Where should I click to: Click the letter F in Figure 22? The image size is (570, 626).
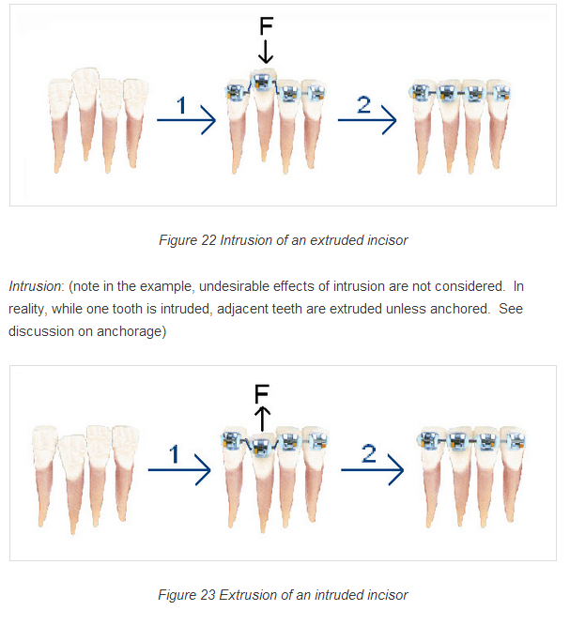(266, 26)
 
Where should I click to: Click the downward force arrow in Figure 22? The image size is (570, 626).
(266, 51)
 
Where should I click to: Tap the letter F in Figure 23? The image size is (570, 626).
(262, 393)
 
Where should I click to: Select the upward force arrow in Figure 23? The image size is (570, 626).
(262, 419)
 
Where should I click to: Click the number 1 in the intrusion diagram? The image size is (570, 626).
(182, 105)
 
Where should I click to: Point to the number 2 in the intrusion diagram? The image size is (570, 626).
(364, 104)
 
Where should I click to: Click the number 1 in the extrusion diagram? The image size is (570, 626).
(174, 454)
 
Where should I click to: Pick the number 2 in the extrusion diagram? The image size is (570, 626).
(369, 454)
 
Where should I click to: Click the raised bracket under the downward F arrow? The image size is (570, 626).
(262, 82)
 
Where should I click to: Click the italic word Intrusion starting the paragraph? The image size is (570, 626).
(35, 286)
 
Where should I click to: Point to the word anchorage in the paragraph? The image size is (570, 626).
(130, 331)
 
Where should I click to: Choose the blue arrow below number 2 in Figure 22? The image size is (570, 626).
(367, 120)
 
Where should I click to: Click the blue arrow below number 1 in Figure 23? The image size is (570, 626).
(179, 470)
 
